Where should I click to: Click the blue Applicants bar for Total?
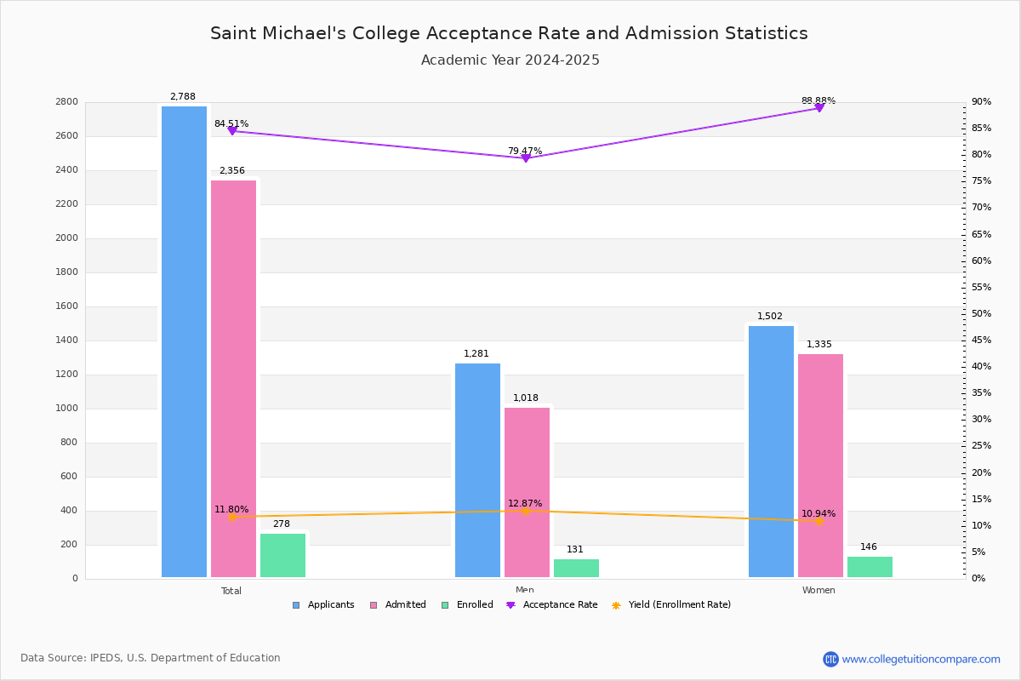point(184,341)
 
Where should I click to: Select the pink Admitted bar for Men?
point(527,493)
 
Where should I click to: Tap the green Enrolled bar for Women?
point(870,567)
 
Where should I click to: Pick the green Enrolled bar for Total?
point(282,556)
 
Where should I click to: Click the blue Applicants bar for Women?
point(771,451)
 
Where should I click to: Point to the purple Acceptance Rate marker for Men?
point(526,158)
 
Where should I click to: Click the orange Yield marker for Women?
point(819,521)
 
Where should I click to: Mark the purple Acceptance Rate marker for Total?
point(232,131)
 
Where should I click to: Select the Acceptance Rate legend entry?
point(552,605)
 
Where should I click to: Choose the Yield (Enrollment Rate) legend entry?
point(671,605)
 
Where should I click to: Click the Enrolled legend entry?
point(467,605)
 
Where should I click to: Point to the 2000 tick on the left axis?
point(66,237)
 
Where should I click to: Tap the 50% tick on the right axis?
point(981,313)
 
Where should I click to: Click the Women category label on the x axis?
point(819,590)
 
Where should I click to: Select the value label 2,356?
point(232,170)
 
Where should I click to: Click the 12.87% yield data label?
point(525,503)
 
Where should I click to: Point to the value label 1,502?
point(770,316)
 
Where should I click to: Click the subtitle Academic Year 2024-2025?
point(510,60)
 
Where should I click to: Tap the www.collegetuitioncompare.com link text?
point(921,659)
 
